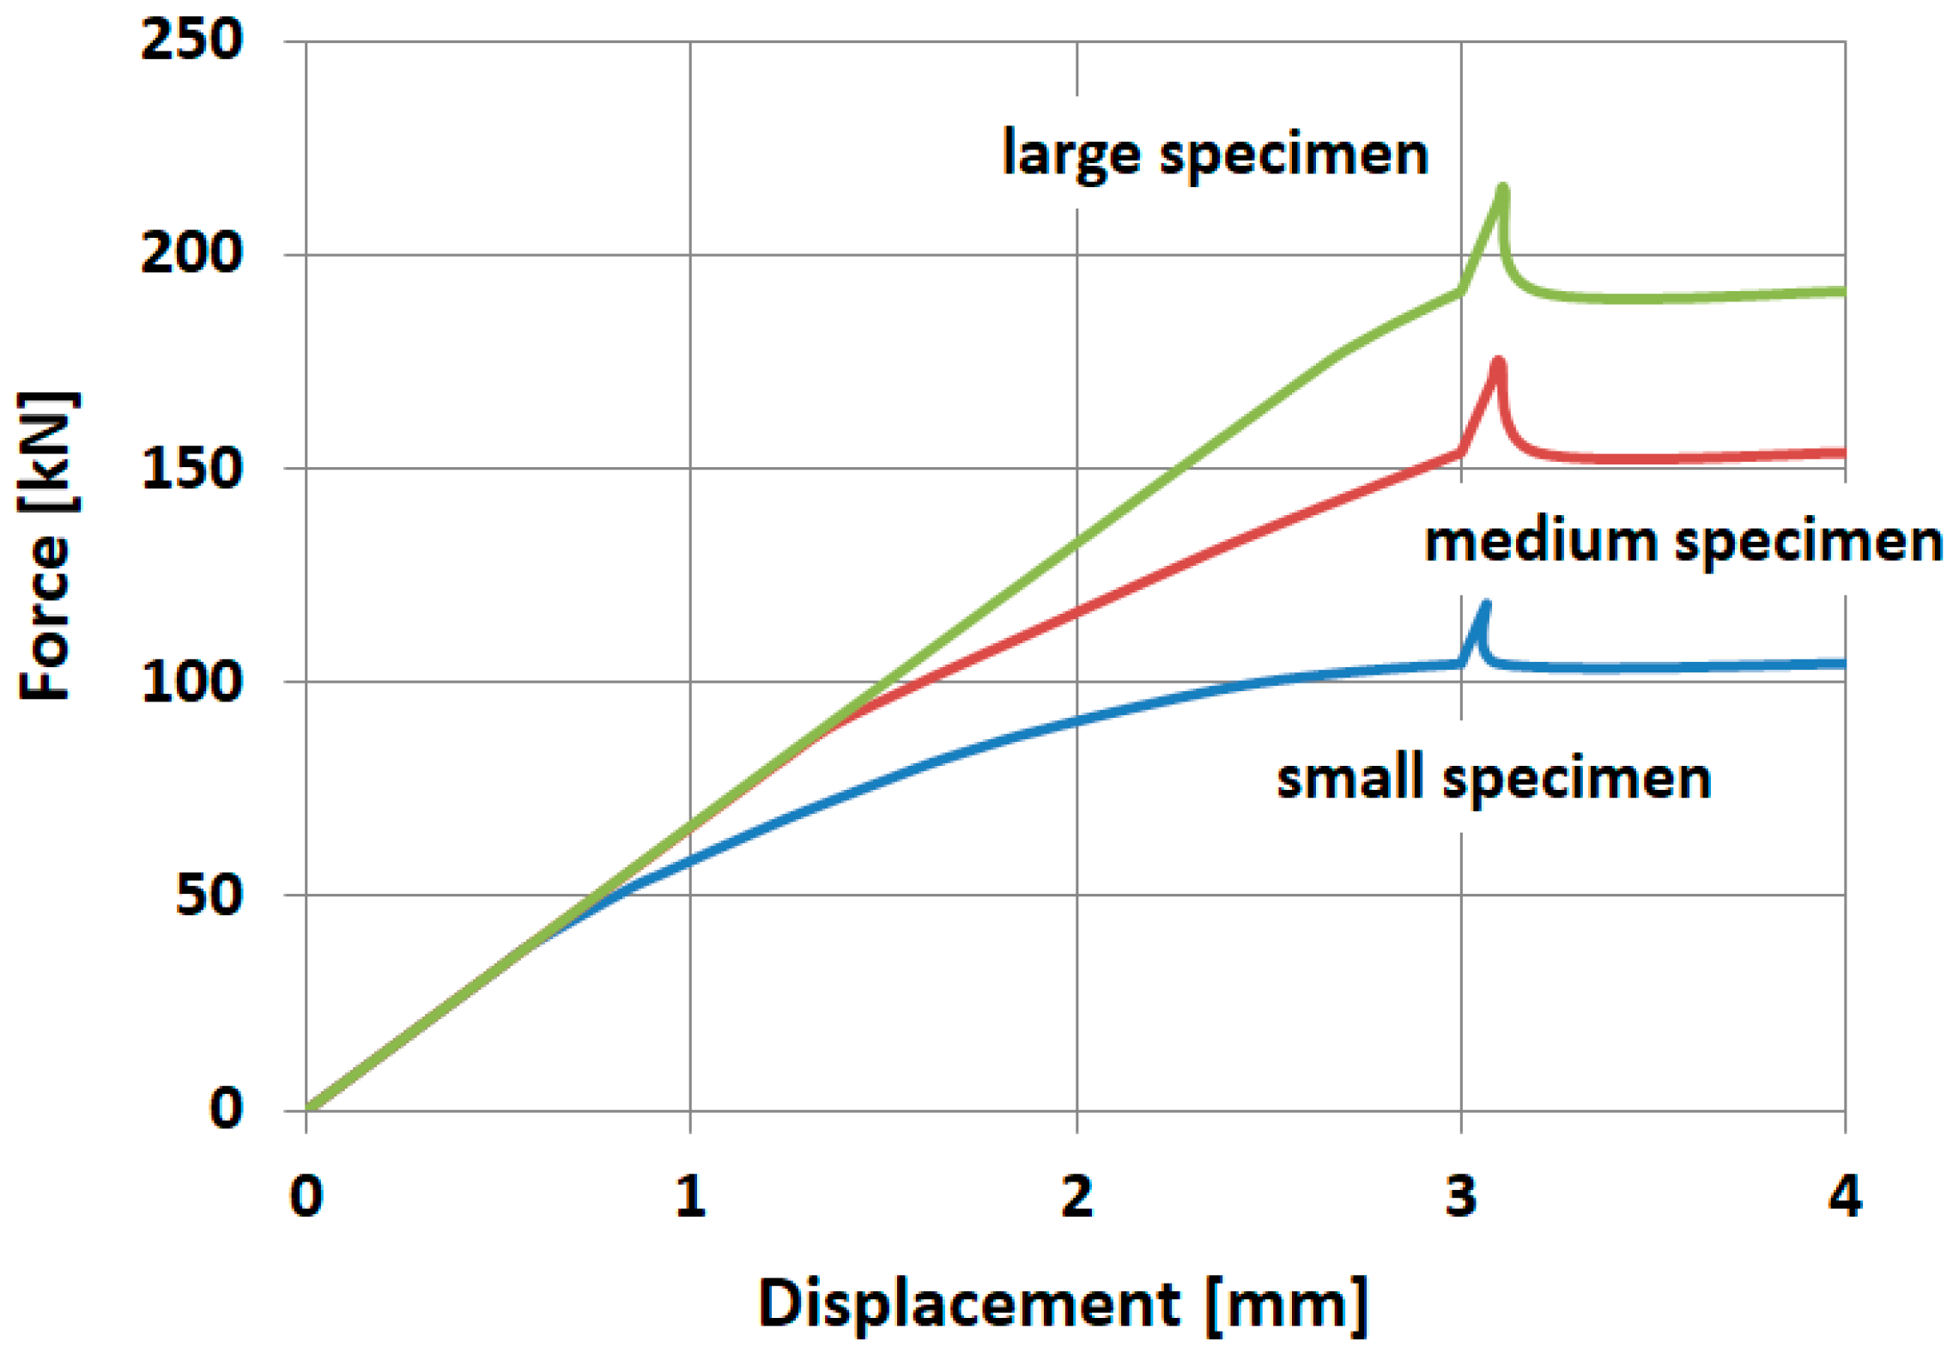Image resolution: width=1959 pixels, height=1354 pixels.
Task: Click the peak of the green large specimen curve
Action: click(1501, 188)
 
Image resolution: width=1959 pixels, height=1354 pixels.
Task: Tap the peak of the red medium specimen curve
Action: click(1498, 361)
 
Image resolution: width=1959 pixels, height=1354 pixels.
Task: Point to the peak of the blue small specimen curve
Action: click(1485, 605)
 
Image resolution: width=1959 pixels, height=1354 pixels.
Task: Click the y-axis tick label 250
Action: click(191, 39)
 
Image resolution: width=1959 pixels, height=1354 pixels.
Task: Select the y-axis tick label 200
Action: click(191, 253)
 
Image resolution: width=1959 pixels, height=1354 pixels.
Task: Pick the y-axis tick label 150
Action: click(191, 468)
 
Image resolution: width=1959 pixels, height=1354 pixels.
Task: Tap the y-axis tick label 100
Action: click(191, 682)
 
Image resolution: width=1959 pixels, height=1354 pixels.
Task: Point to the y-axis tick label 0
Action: click(226, 1108)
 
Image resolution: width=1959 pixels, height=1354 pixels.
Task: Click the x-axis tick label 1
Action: click(690, 1196)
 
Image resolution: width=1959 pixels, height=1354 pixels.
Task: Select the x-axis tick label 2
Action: click(1077, 1196)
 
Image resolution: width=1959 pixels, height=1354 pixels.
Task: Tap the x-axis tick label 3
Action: click(1460, 1196)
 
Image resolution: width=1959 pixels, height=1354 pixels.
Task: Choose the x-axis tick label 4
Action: click(1844, 1196)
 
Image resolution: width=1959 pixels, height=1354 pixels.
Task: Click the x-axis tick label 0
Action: click(306, 1196)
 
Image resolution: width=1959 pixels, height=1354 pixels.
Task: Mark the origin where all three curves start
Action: click(309, 1109)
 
